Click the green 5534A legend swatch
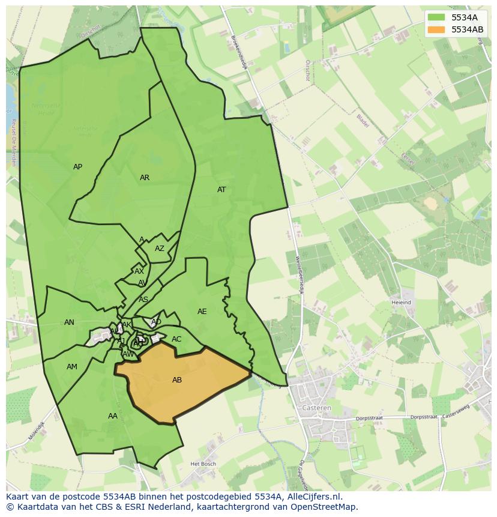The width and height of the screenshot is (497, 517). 436,17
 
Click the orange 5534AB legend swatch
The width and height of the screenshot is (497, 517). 436,29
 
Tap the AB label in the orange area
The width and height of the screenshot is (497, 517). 177,380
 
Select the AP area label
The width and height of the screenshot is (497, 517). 77,167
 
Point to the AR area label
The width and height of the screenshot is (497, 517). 145,178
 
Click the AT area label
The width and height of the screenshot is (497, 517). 221,190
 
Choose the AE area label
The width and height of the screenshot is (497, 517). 202,312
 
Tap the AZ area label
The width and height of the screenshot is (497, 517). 160,249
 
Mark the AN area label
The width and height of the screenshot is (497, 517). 69,322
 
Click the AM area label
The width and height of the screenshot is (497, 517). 72,367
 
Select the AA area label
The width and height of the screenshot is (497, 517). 113,416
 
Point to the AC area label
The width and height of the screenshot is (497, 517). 176,339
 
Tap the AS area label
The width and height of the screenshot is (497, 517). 143,299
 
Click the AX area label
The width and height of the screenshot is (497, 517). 139,271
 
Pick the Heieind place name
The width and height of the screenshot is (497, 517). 401,303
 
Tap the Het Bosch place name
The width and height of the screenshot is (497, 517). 203,464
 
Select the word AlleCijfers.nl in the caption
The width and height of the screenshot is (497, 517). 312,497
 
